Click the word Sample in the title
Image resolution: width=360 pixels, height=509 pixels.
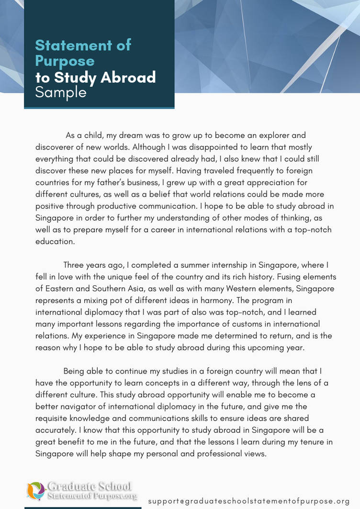[61, 92]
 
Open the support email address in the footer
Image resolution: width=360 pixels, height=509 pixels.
[249, 501]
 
